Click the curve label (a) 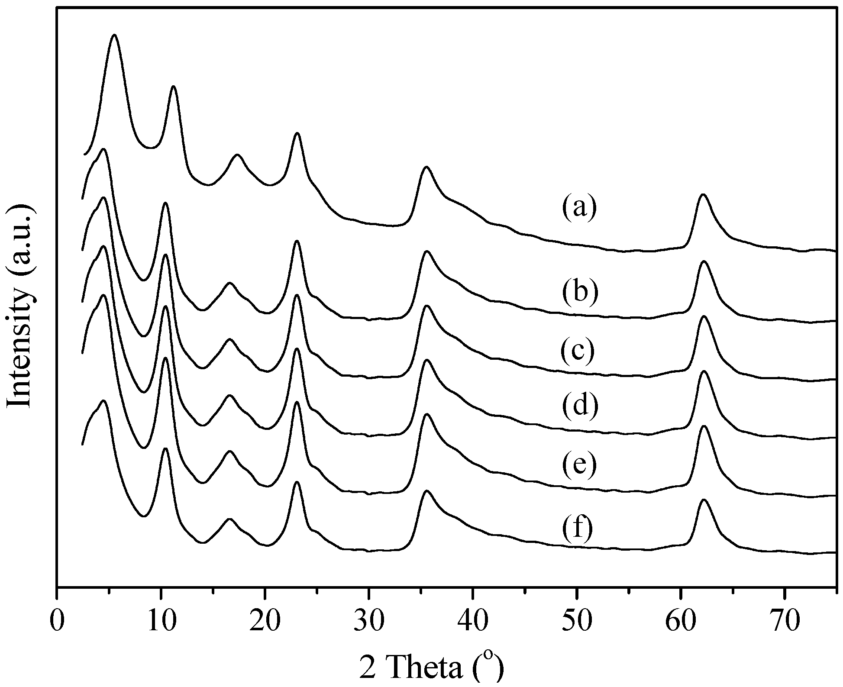point(579,208)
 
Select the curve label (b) point(580,291)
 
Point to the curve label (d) point(580,406)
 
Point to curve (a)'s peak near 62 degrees point(703,195)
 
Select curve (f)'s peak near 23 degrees point(297,482)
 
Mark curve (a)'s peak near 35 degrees point(426,167)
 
